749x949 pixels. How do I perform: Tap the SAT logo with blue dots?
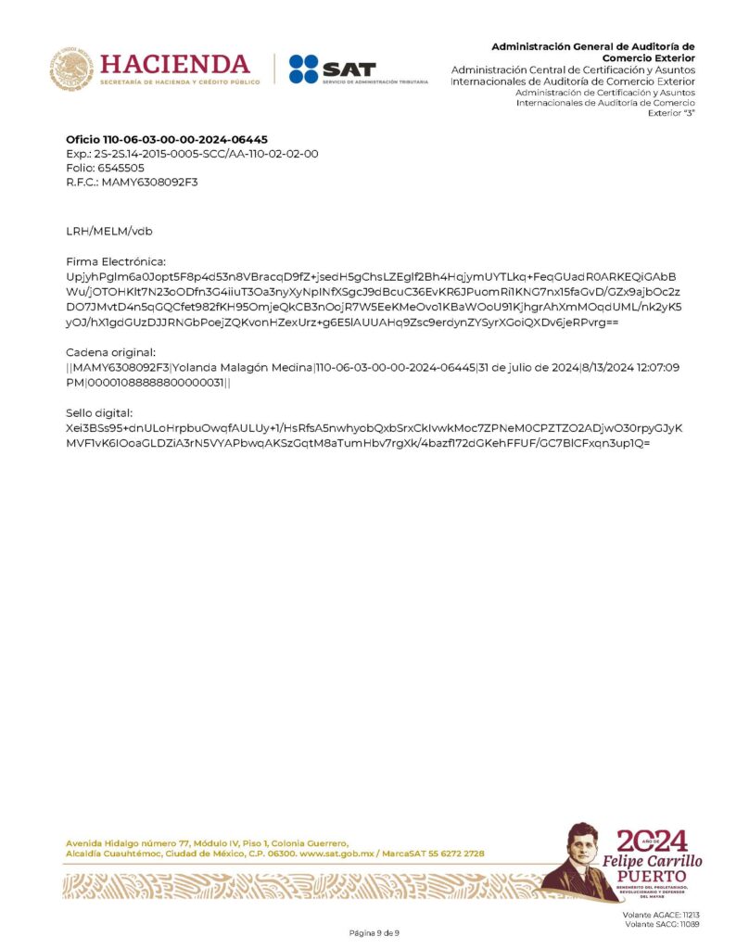332,70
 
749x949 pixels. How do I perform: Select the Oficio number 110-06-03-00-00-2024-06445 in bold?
167,139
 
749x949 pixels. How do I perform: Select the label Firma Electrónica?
116,262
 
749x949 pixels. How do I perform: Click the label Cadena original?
110,352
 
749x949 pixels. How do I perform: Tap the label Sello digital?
100,412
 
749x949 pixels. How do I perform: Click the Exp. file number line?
192,153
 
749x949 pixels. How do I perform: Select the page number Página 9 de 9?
374,932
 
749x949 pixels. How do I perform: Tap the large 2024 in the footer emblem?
653,841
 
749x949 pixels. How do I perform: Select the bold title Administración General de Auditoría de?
592,46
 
